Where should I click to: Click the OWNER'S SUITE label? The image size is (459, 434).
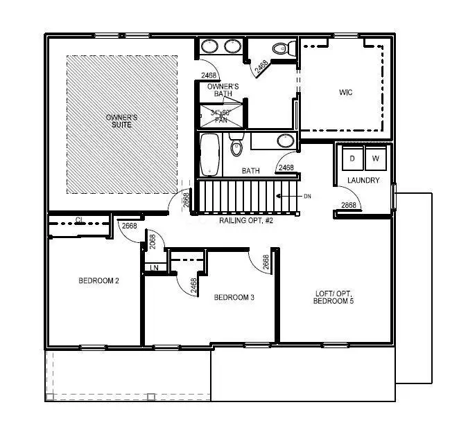(121, 120)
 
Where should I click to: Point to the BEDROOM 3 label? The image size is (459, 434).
(234, 298)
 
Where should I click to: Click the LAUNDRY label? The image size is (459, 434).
(363, 181)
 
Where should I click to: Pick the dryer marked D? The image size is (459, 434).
(352, 159)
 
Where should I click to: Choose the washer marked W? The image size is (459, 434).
(375, 159)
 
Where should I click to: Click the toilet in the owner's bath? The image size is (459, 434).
(280, 48)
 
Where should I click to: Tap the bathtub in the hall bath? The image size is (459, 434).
(209, 155)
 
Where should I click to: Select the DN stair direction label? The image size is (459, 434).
(307, 197)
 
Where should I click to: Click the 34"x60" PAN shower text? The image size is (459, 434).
(220, 116)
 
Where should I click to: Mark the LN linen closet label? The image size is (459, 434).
(154, 267)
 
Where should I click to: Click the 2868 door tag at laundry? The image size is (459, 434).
(349, 205)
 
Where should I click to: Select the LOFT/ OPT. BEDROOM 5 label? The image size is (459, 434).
(334, 297)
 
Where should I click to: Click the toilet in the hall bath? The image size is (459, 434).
(236, 148)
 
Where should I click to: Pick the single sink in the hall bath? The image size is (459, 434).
(285, 141)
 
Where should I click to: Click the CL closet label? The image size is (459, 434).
(80, 220)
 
